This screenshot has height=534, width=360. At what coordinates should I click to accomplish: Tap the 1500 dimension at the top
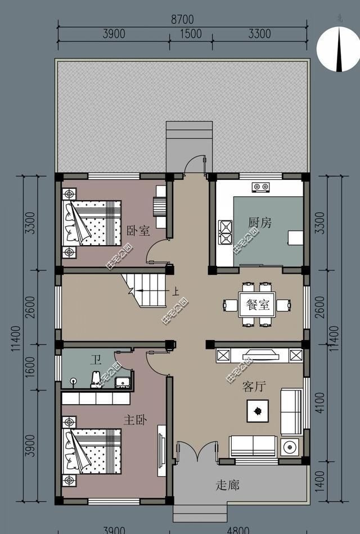coord(191,34)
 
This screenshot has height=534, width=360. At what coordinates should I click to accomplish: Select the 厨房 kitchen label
coord(259,223)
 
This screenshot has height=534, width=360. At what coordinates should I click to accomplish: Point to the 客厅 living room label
coord(253,387)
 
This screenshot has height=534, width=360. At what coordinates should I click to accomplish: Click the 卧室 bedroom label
coord(138,230)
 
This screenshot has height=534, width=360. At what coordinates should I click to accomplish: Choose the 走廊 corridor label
coord(227,485)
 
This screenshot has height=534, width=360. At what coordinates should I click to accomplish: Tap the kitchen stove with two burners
coord(260,187)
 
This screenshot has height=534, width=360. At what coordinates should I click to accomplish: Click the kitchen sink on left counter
coord(226,229)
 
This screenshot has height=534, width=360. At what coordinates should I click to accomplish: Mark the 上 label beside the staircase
coord(175,292)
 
